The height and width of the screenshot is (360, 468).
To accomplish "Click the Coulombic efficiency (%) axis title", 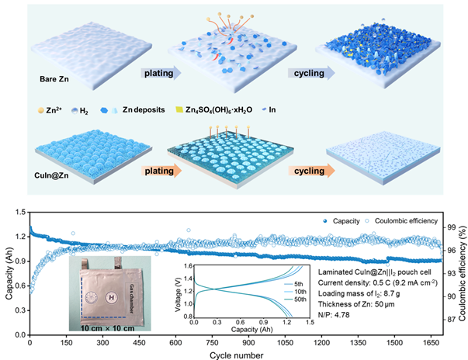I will point(461,268).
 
